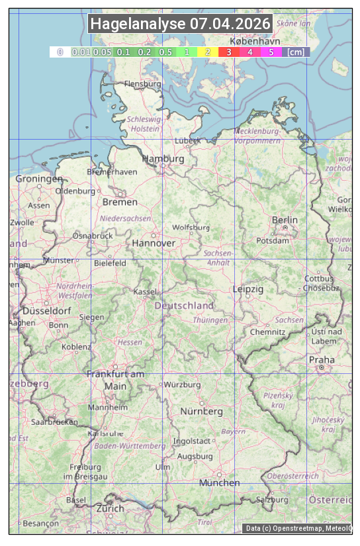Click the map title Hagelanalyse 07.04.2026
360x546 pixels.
point(180,24)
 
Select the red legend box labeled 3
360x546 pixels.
point(229,52)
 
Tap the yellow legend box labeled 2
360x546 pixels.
point(208,52)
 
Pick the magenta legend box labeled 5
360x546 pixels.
point(271,52)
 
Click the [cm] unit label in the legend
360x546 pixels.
point(296,52)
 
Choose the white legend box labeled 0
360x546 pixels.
point(60,52)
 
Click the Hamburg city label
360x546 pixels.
point(163,159)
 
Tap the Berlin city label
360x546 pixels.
point(285,220)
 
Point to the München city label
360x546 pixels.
point(220,482)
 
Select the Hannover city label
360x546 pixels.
point(154,243)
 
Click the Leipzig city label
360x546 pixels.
point(248,289)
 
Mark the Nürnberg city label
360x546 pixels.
point(202,411)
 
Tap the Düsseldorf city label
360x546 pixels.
point(46,311)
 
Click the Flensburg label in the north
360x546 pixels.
point(143,84)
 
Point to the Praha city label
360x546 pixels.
point(322,360)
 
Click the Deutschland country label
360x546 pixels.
point(184,305)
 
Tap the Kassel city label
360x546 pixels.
point(145,291)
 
